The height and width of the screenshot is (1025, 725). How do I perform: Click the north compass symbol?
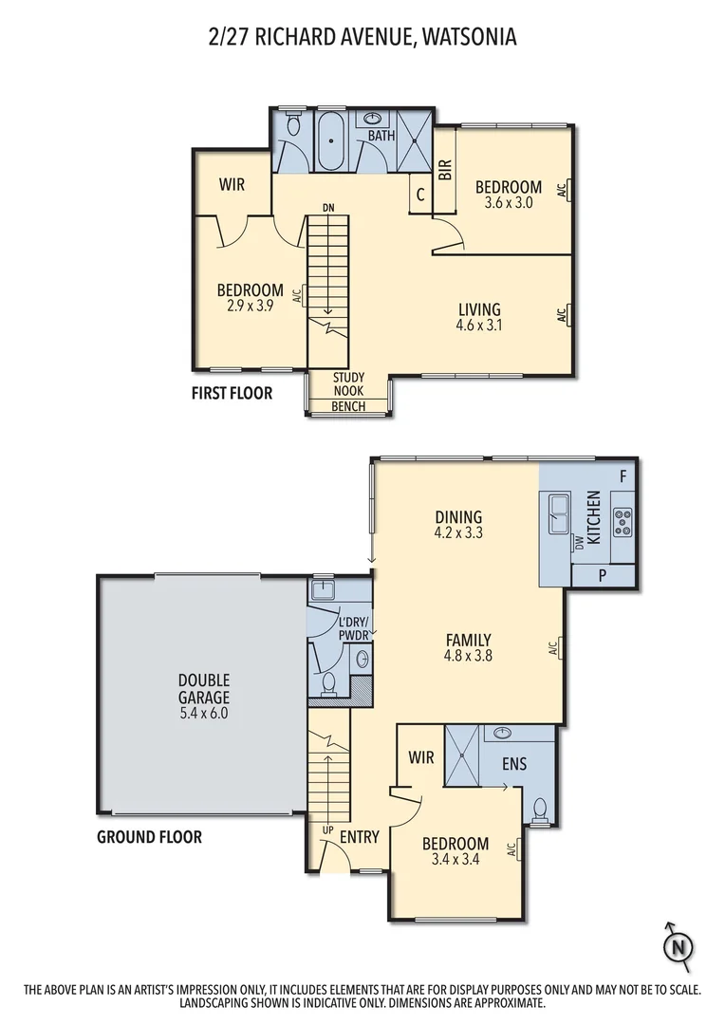tap(678, 945)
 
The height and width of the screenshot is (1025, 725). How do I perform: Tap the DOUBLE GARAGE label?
tap(203, 687)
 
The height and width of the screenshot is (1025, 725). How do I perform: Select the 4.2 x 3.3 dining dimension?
tap(458, 533)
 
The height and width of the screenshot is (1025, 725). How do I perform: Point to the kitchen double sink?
tap(557, 514)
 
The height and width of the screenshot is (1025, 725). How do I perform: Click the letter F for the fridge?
tap(623, 475)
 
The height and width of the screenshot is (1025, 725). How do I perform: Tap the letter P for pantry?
tap(603, 575)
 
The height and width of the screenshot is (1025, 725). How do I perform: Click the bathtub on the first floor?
tap(331, 142)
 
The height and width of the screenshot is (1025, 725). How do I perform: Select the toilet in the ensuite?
tap(540, 810)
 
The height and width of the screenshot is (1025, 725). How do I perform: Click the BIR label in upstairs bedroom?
tap(444, 170)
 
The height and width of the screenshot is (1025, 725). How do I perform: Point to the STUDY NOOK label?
tap(348, 384)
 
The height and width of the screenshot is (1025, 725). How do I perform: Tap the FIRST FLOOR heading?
tap(232, 393)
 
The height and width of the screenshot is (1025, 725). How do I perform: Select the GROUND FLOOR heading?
tap(149, 837)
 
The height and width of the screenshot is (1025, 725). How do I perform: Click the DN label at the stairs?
tap(327, 207)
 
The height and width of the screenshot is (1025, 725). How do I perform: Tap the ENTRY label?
tap(359, 837)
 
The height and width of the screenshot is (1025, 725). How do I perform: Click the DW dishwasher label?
tap(578, 543)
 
